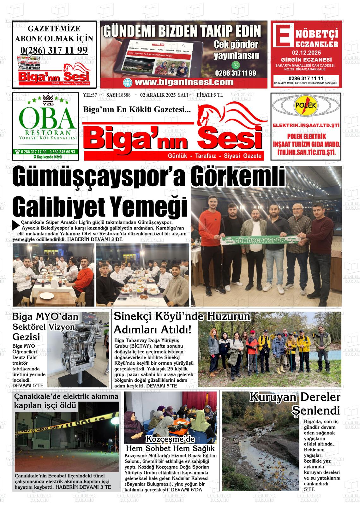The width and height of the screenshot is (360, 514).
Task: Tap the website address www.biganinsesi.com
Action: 183,82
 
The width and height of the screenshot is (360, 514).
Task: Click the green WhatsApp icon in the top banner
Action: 236,65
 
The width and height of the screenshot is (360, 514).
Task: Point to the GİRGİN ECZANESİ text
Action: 306,60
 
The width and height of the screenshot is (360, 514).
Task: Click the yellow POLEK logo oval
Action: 306,105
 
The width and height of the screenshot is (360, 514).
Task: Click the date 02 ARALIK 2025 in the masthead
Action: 158,95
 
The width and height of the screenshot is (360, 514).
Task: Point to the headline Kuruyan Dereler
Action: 295,397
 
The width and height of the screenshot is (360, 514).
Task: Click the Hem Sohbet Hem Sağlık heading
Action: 170,448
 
